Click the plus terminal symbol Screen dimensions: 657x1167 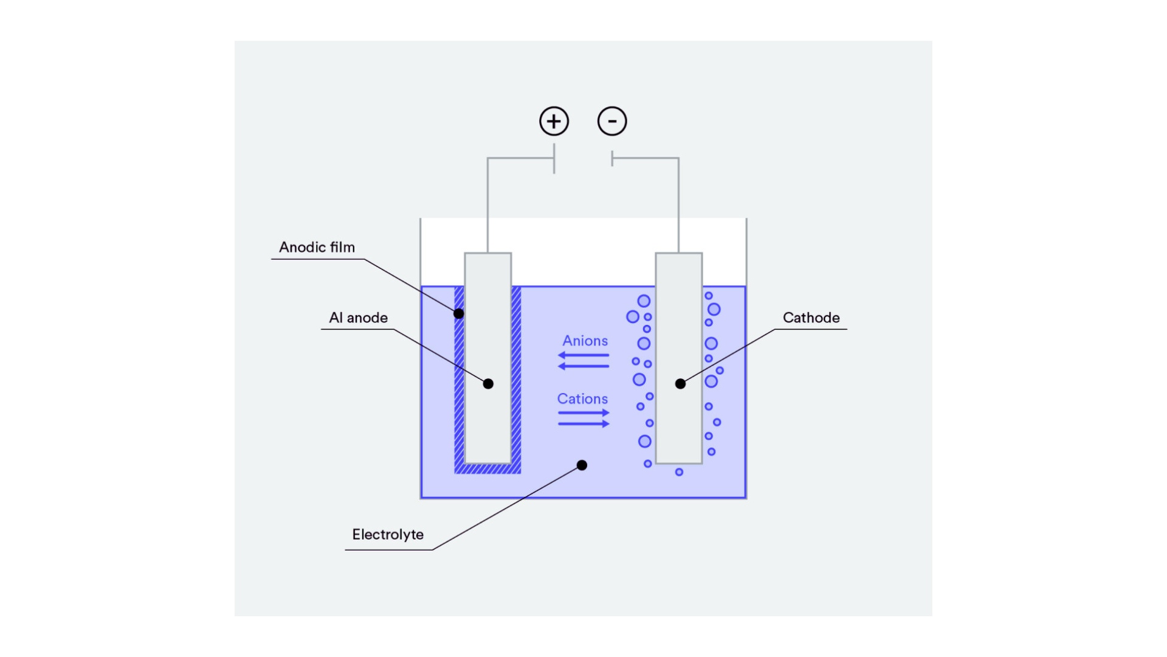(554, 121)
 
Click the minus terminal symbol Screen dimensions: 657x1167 (612, 121)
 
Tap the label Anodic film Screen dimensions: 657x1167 (317, 248)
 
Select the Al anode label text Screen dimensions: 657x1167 (358, 318)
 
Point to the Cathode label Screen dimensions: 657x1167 (811, 318)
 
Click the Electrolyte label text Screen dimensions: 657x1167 (388, 535)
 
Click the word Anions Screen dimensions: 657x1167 (585, 341)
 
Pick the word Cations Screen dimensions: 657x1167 (582, 399)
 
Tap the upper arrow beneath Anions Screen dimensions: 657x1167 (583, 355)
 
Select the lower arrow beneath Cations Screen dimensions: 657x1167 (583, 423)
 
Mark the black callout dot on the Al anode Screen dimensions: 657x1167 (488, 384)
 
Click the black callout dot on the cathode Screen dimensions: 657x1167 (681, 384)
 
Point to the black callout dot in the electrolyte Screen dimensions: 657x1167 (582, 465)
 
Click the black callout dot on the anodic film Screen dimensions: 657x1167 (459, 314)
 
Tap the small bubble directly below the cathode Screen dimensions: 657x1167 (679, 472)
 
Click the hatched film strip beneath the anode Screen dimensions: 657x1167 (487, 468)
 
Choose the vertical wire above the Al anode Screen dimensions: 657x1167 (487, 207)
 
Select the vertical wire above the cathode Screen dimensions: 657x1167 (678, 207)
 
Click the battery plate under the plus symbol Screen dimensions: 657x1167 (554, 159)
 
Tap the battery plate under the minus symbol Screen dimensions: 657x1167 (612, 159)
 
